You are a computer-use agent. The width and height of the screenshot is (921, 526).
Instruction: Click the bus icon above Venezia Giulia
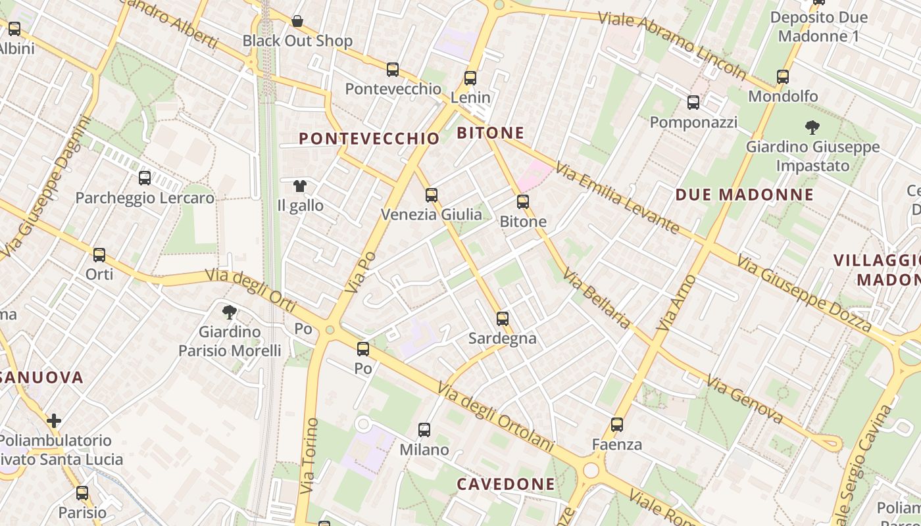432,195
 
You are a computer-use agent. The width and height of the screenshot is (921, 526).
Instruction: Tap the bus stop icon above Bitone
523,202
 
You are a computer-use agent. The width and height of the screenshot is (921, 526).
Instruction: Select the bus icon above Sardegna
503,319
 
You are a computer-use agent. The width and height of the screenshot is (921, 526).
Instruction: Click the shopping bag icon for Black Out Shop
297,21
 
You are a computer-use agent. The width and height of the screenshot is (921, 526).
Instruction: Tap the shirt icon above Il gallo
300,186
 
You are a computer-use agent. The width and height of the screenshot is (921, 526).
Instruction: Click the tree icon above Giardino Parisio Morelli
230,312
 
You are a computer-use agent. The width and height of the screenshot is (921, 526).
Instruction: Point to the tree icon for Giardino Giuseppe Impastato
812,128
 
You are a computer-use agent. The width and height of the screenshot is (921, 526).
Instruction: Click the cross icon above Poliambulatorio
54,420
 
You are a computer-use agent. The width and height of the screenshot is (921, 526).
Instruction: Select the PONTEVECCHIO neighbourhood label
369,139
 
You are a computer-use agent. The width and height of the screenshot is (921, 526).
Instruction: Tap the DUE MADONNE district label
745,195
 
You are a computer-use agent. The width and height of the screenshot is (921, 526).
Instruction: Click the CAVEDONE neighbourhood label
506,485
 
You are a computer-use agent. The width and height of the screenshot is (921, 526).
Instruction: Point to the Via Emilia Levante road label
617,198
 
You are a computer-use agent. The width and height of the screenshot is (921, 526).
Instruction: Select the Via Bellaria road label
596,299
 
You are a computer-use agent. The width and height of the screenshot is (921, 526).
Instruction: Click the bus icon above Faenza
616,425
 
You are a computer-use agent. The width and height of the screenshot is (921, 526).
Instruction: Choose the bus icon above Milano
424,430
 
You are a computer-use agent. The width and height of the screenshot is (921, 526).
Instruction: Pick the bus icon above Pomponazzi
693,103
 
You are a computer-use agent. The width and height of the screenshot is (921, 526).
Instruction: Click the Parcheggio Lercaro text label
145,198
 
